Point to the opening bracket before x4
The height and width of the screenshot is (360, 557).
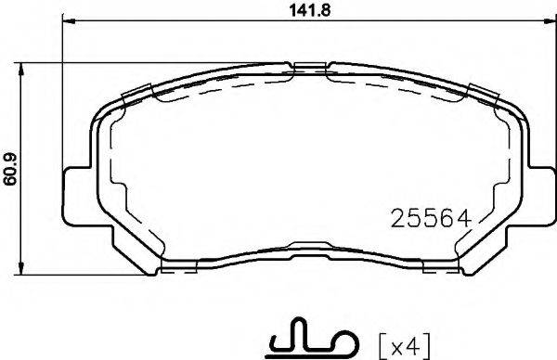pos(383,347)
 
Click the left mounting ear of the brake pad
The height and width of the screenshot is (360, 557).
pos(76,198)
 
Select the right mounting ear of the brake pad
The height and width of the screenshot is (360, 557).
pos(540,198)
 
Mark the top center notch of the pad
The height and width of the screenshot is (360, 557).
pos(312,68)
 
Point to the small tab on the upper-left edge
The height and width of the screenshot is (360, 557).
pos(136,93)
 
